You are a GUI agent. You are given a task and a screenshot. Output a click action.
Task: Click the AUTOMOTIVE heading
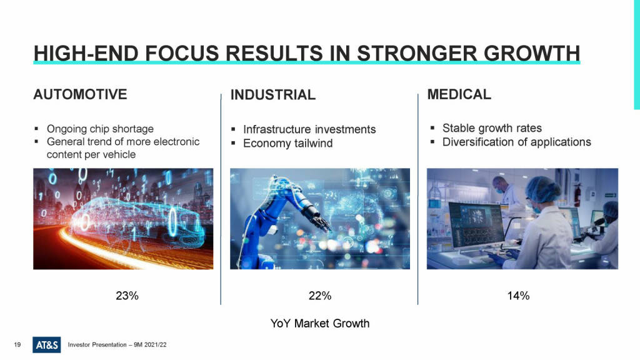80,94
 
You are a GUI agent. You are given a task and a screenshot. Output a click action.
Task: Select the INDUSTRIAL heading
272,95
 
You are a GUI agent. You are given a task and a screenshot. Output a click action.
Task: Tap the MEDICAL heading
459,94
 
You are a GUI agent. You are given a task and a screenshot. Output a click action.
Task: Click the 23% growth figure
127,296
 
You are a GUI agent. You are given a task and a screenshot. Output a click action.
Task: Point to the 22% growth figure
320,296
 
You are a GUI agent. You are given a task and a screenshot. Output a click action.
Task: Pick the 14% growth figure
518,296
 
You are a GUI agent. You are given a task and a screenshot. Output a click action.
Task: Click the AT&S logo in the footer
46,345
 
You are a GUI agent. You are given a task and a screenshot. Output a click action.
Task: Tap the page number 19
17,345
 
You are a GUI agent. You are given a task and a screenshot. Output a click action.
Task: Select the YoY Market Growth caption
320,323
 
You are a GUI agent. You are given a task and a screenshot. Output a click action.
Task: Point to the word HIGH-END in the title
86,54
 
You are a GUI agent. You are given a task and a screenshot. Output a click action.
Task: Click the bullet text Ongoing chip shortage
100,129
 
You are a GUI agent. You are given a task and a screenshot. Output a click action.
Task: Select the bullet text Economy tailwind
287,143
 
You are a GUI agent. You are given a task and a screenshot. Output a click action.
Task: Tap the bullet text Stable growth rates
492,128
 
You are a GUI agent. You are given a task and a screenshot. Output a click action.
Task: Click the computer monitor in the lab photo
476,225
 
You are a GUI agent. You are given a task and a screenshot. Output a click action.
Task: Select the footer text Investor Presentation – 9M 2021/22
117,345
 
